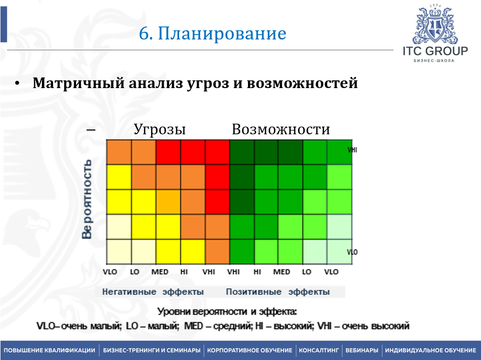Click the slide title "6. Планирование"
[213, 33]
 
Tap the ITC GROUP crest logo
[435, 25]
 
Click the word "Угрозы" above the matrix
[159, 129]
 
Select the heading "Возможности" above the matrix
[281, 129]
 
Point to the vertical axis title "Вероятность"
[87, 199]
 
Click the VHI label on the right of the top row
[352, 150]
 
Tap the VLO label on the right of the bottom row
[352, 252]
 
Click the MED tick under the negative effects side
[160, 272]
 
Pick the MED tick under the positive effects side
[282, 272]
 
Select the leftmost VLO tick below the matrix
[110, 272]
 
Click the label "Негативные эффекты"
[153, 292]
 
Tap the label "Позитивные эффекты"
[278, 292]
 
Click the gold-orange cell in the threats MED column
[168, 202]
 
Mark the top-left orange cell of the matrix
[119, 152]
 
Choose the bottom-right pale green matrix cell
[339, 252]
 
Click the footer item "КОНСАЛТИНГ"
[319, 350]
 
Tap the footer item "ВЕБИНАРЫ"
[362, 350]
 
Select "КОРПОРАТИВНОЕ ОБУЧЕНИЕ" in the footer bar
[250, 350]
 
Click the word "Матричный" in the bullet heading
[78, 83]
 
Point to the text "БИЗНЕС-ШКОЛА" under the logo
[434, 61]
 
